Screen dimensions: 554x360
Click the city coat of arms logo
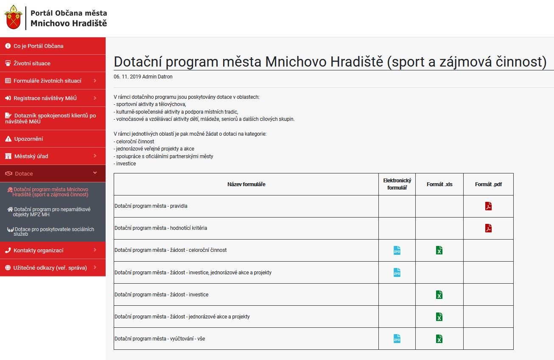[x=13, y=17]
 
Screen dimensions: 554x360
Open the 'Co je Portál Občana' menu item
[x=38, y=46]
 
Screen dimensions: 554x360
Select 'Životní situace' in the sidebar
[x=32, y=63]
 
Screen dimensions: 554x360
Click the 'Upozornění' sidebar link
[x=28, y=139]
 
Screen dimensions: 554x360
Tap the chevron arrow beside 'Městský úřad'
[x=95, y=156]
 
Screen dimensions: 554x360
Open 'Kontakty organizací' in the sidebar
[x=38, y=251]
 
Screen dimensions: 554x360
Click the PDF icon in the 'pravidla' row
[x=488, y=206]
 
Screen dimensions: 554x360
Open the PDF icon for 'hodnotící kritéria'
[x=488, y=228]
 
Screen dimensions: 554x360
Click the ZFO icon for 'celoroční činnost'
[x=397, y=250]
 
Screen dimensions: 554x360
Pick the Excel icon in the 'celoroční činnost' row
[x=439, y=250]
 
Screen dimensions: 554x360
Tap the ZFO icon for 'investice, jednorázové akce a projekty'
[x=397, y=273]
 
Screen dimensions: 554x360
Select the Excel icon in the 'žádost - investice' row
[x=439, y=294]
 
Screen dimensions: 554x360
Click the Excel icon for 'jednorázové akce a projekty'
[x=439, y=317]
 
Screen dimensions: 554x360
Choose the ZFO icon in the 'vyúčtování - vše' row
[x=397, y=339]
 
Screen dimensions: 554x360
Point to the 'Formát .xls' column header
[x=439, y=184]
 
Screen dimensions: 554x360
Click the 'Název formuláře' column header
[x=246, y=184]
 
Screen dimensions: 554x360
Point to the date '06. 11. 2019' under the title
[x=127, y=77]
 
